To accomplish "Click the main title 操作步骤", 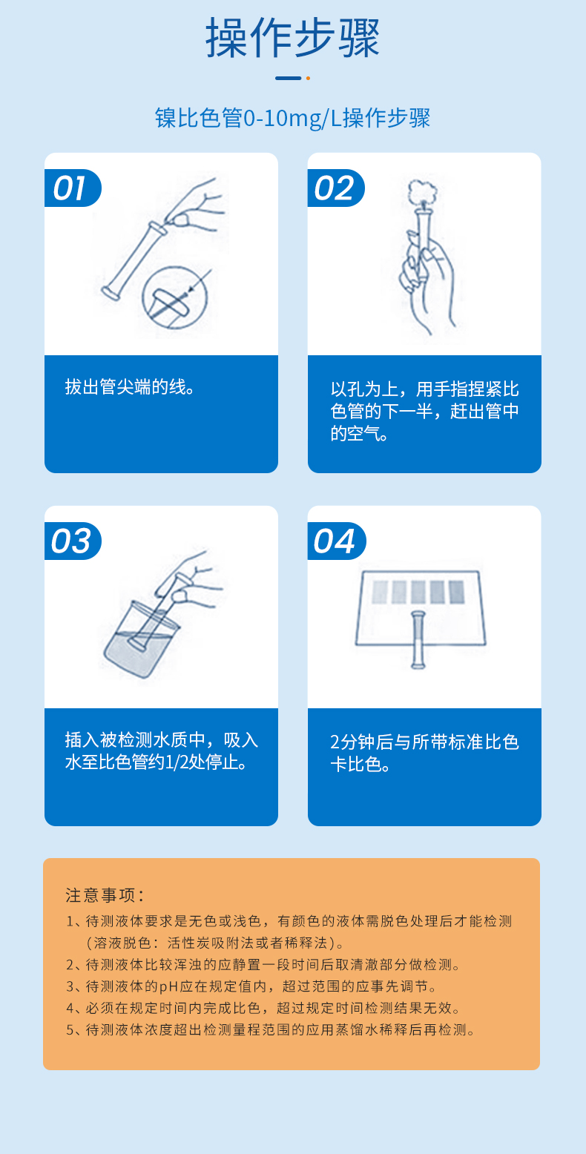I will point(292,39).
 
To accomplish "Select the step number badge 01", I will point(70,188).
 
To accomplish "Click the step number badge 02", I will point(335,188).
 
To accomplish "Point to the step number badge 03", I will point(71,541).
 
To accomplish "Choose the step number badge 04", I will point(335,541).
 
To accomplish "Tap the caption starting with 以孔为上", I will point(424,412).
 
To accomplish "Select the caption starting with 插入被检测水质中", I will point(162,751).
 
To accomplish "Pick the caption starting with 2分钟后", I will point(424,753).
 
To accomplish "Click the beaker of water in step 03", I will point(141,642).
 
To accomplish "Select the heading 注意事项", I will point(104,895).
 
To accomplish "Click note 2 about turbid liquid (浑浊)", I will point(263,965).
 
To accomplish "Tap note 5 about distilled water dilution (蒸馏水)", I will point(270,1030).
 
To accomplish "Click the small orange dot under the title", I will point(308,78).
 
